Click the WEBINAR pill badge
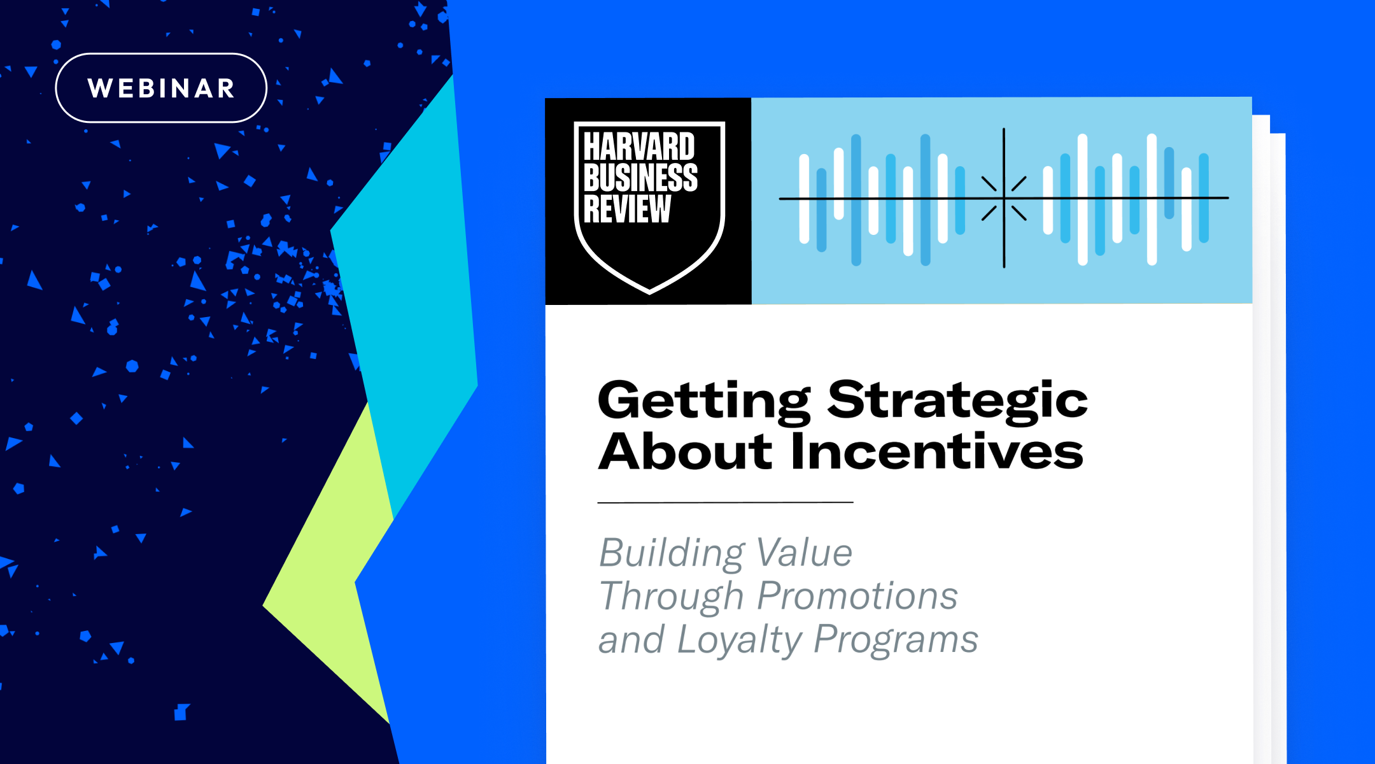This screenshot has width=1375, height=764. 161,88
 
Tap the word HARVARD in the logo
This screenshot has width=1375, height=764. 638,147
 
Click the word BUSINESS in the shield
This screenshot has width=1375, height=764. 640,178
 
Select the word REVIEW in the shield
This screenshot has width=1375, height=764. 627,209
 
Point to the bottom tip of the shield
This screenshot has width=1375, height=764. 649,291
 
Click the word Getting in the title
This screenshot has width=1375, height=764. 703,401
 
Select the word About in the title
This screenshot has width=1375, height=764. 685,451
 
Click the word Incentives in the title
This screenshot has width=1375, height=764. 936,451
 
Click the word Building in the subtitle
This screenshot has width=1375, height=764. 670,553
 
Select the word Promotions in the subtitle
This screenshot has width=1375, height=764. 857,596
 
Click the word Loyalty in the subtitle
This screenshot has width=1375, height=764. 738,640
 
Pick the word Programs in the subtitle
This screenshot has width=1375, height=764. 896,639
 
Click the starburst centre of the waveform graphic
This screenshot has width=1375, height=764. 1004,199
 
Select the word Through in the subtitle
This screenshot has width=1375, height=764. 671,597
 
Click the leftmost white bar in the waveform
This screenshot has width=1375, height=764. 804,199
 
